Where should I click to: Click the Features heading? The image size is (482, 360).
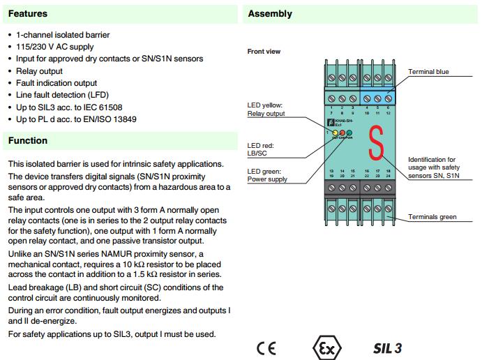[x=28, y=13]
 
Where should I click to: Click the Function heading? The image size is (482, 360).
[x=28, y=140]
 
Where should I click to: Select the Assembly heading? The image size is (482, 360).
[x=270, y=13]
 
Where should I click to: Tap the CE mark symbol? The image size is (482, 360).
[x=266, y=348]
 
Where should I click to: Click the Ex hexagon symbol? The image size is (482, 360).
[x=322, y=347]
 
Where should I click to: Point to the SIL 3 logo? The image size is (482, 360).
[x=387, y=347]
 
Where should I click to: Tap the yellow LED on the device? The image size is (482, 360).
[x=335, y=132]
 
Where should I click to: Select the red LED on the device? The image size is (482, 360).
[x=342, y=132]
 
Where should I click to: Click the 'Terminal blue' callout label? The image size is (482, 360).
[x=428, y=71]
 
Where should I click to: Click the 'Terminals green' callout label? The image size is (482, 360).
[x=432, y=217]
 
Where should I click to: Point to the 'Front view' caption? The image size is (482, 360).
[x=264, y=52]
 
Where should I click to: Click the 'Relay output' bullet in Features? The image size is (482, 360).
[x=39, y=70]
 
